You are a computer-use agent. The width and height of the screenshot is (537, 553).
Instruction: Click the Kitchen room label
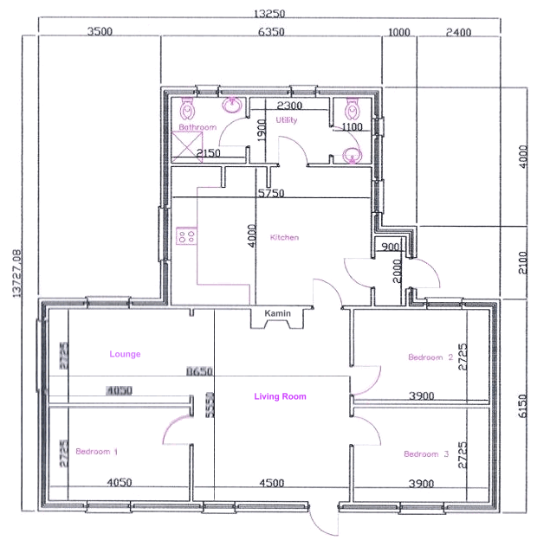coord(284,237)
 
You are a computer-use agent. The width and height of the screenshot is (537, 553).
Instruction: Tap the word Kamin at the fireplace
coord(277,313)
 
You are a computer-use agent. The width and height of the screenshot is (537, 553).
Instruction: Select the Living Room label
coord(280,397)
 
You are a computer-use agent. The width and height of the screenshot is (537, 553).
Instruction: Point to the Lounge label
coord(125,354)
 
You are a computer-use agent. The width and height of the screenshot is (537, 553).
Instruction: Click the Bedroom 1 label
coord(97,452)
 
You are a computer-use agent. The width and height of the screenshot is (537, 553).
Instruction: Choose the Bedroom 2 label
coord(431,357)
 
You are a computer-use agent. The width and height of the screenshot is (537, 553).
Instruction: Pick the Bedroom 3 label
coord(426,454)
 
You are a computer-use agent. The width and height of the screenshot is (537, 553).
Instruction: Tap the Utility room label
coord(287,120)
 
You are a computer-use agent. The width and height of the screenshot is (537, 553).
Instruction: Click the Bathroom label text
coord(197,127)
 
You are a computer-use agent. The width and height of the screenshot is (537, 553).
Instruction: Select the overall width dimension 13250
coord(269,14)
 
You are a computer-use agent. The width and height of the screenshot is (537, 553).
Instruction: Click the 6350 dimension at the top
coord(271,33)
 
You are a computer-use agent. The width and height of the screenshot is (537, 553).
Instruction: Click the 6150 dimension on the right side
coord(521,406)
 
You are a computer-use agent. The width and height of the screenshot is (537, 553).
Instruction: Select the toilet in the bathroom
coord(188,110)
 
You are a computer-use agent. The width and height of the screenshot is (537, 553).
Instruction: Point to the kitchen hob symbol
coord(185,235)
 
